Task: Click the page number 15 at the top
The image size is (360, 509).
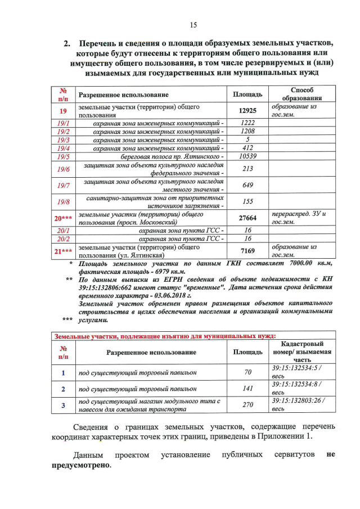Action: [192, 25]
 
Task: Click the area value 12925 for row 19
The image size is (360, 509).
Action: [247, 111]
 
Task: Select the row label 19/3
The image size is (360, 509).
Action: [63, 139]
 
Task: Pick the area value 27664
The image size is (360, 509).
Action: [247, 218]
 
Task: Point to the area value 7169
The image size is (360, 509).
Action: [247, 251]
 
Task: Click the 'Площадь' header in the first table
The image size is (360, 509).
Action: [247, 94]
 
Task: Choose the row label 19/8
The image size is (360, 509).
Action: [63, 202]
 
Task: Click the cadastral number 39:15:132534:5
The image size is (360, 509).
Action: [296, 367]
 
